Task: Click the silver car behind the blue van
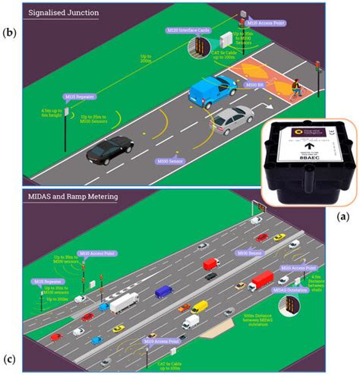click(231, 120)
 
